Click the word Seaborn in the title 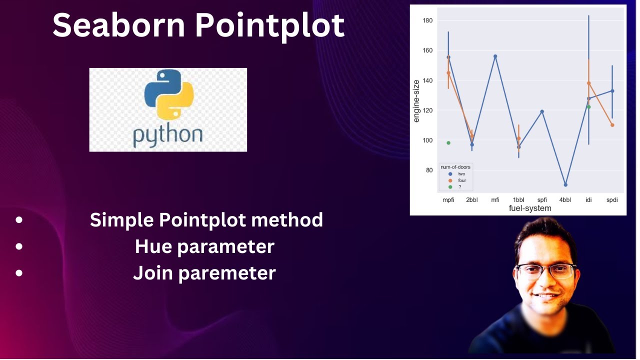[119, 25]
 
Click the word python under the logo [167, 134]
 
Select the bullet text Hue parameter [204, 246]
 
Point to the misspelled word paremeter [235, 273]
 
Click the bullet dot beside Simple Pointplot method [19, 219]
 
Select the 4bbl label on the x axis [565, 200]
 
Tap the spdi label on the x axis [611, 200]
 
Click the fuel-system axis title [530, 208]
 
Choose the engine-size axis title [416, 100]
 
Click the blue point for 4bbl [565, 184]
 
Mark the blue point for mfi [495, 56]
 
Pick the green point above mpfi [448, 143]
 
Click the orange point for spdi [612, 125]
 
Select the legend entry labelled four [461, 180]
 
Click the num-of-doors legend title [455, 167]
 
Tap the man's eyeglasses [546, 271]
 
